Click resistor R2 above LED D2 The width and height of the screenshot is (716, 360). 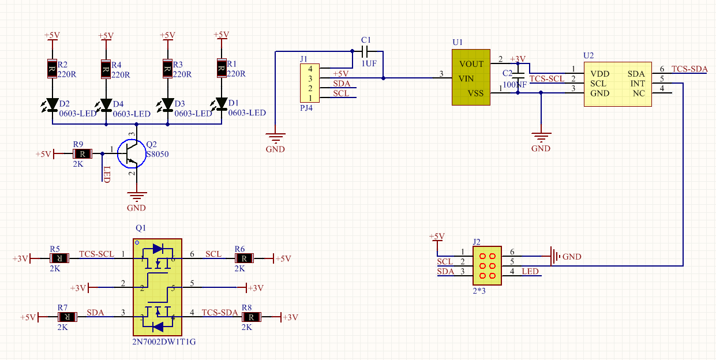(52, 69)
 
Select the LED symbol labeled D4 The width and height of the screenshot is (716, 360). (106, 105)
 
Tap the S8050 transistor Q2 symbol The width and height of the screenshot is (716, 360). (132, 154)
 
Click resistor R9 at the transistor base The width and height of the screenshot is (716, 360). (83, 154)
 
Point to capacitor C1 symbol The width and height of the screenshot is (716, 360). (365, 51)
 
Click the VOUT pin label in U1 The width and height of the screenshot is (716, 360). (471, 64)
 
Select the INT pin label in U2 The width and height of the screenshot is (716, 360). (638, 84)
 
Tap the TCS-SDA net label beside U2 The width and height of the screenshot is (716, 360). (689, 69)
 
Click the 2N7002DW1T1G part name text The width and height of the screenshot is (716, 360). (164, 342)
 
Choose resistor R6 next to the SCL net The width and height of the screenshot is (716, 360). (244, 258)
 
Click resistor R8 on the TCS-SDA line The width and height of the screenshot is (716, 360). (251, 317)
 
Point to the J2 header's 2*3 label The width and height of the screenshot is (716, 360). (479, 291)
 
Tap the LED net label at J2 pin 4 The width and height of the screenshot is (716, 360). (530, 271)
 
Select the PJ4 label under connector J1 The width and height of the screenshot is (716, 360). (306, 108)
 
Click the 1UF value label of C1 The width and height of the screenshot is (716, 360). (369, 63)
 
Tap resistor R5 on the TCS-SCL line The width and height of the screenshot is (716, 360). (59, 258)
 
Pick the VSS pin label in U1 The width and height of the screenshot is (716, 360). (475, 93)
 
